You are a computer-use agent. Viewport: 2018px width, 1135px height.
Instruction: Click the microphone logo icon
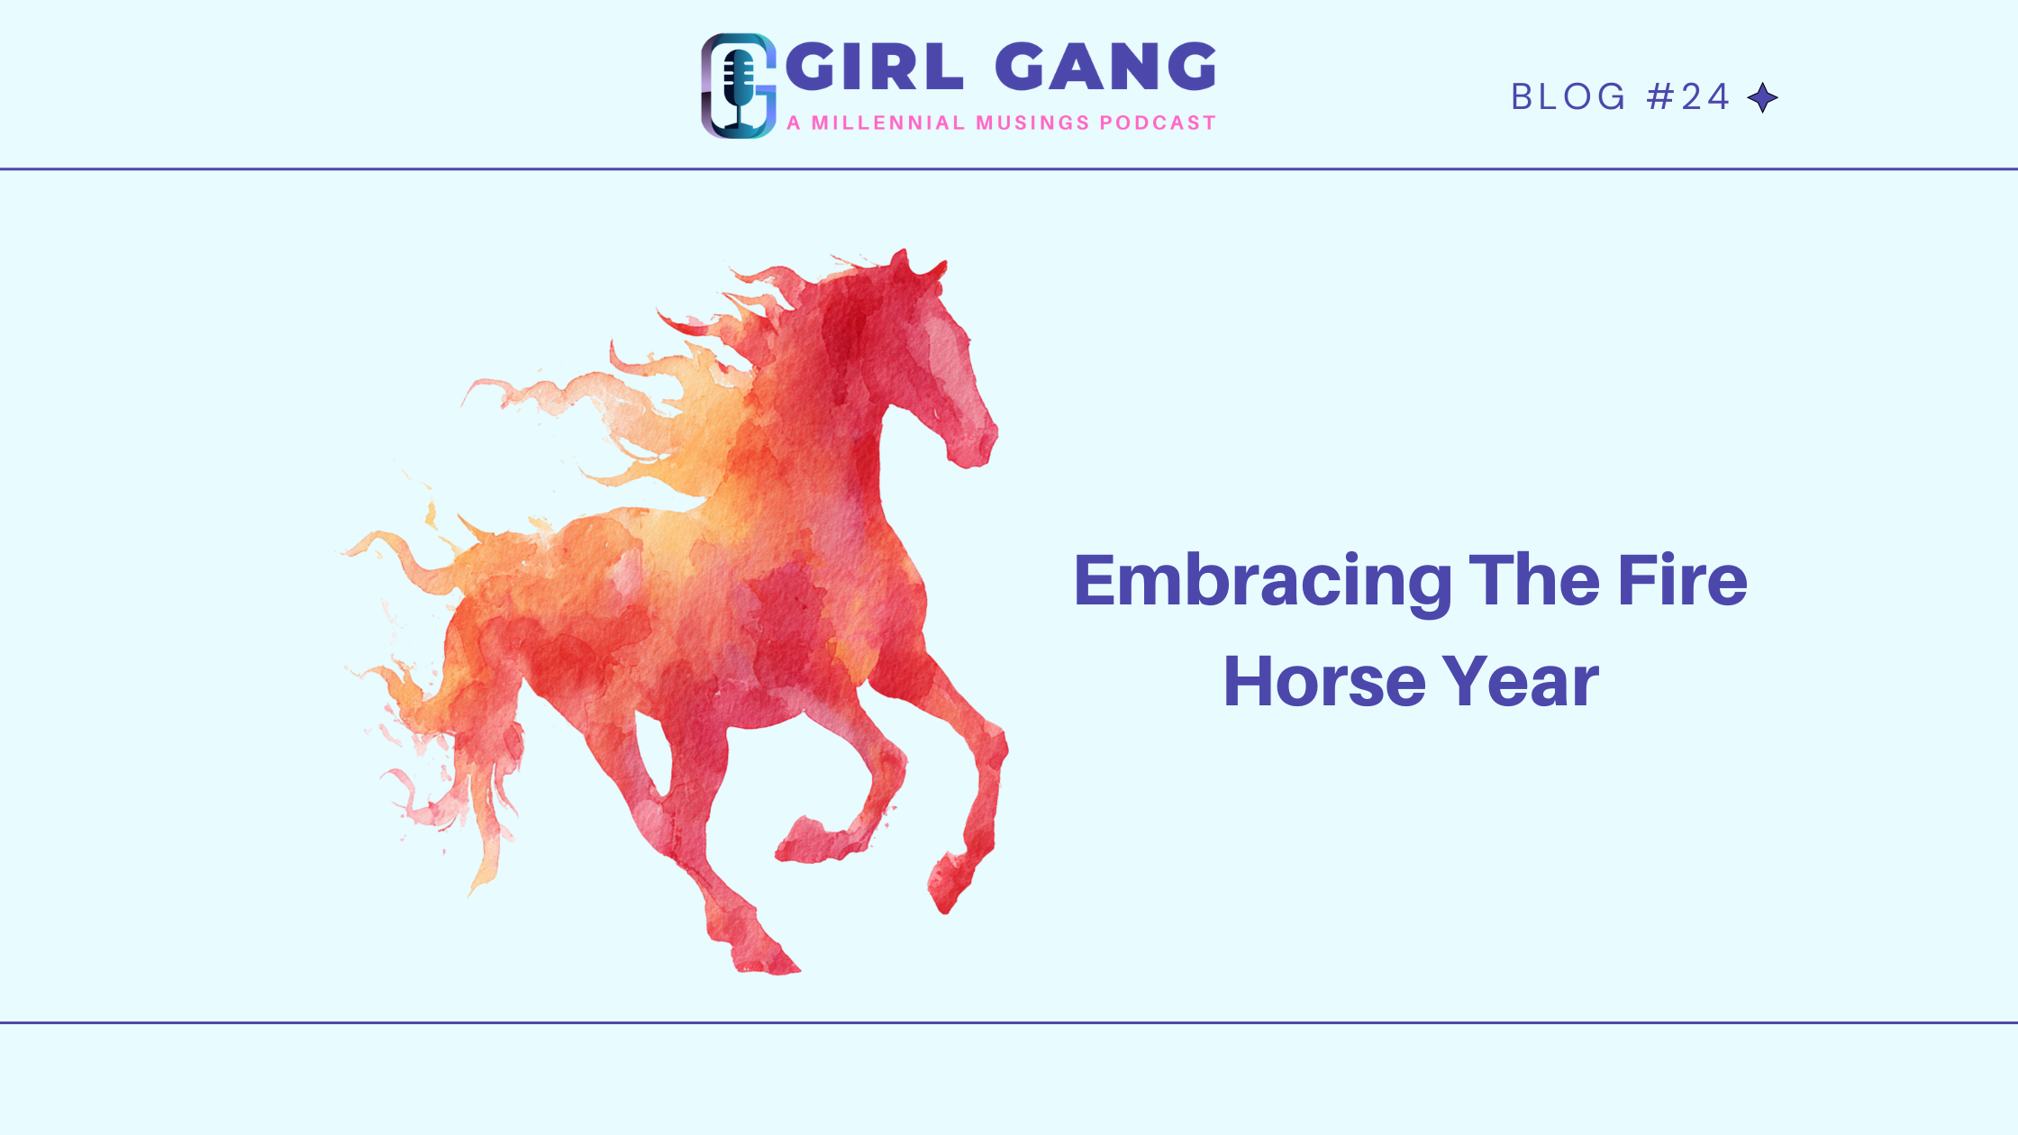tap(739, 86)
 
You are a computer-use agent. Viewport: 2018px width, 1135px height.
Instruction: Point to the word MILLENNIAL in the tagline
tap(888, 123)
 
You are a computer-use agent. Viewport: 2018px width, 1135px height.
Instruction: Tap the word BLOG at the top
tap(1568, 97)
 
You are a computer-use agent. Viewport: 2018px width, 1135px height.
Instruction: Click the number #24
tap(1688, 97)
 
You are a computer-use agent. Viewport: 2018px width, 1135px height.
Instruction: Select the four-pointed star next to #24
tap(1763, 97)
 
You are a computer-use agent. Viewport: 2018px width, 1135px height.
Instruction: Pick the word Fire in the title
tap(1682, 580)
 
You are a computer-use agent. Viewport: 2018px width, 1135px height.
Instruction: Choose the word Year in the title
tap(1521, 682)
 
